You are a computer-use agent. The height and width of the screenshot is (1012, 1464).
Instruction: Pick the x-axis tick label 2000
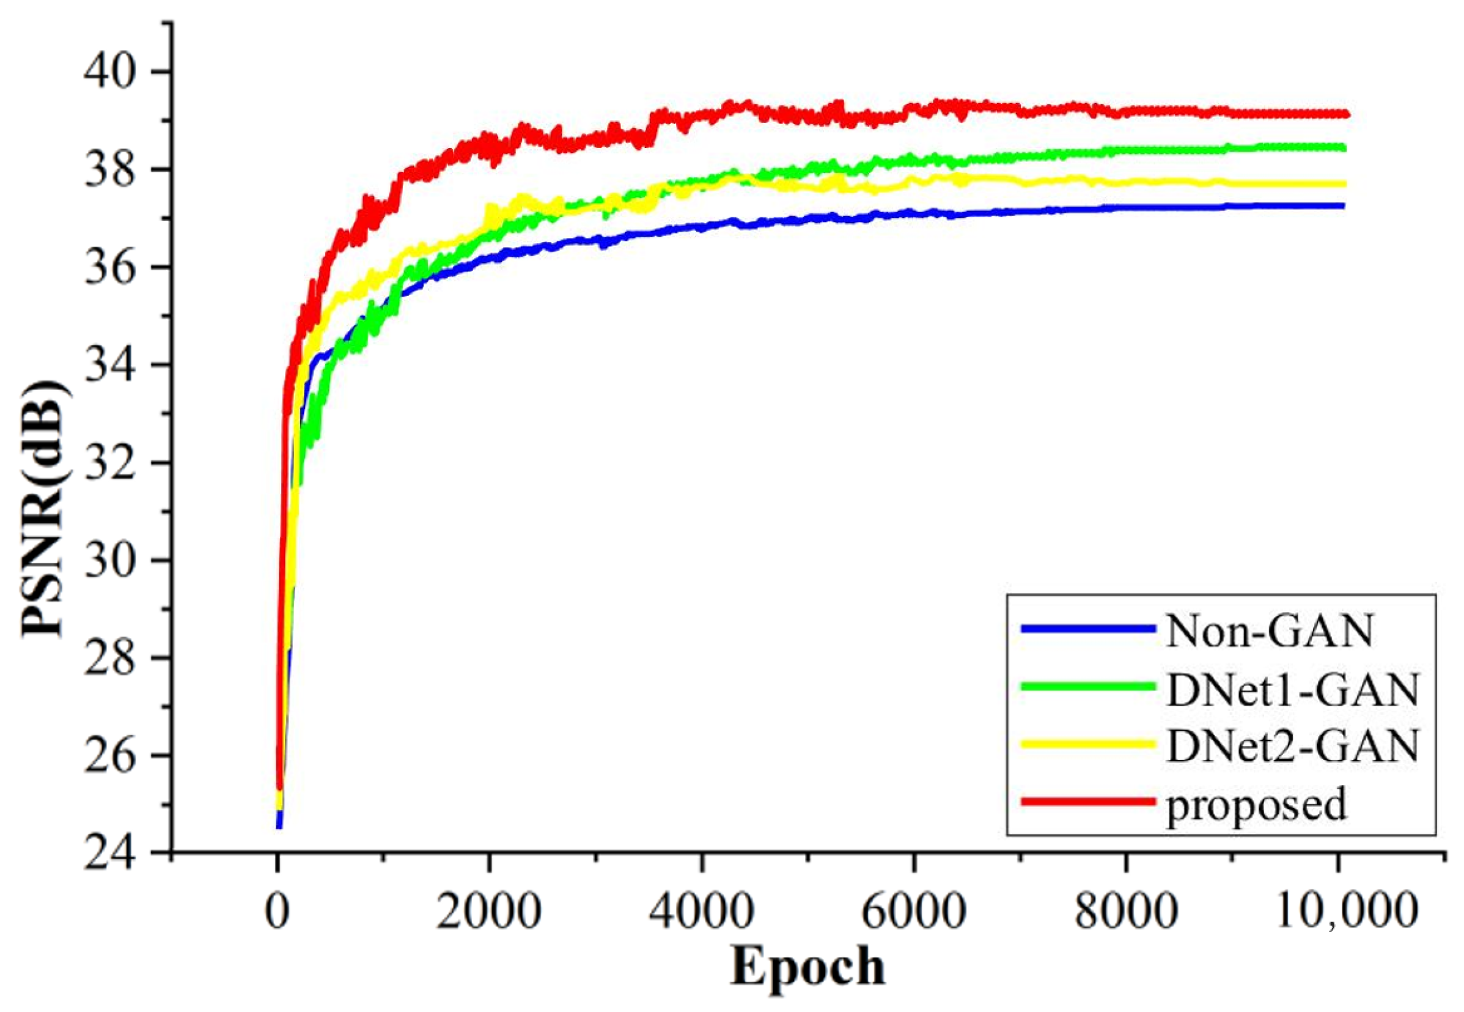tap(488, 912)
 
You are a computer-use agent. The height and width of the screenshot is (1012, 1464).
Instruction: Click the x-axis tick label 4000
tap(701, 912)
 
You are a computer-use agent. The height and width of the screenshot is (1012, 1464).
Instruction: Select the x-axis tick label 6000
tap(913, 912)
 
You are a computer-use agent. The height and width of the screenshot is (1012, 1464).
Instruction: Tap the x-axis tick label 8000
tap(1125, 912)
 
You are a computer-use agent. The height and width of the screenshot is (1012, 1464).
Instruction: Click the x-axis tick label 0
tap(277, 912)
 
